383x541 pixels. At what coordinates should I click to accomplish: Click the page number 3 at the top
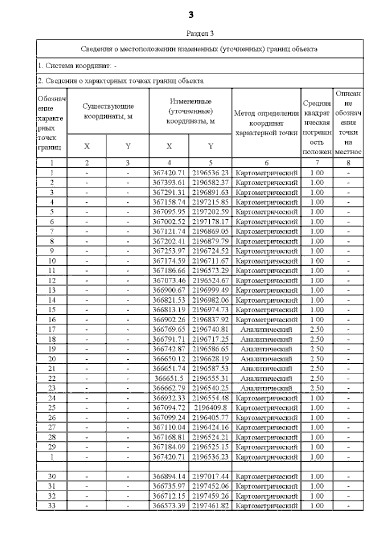tap(191, 15)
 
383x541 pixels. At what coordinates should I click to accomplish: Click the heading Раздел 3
tap(200, 33)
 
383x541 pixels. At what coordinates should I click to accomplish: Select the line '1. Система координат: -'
tap(77, 66)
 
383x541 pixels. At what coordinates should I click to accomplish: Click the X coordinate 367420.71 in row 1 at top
tap(169, 173)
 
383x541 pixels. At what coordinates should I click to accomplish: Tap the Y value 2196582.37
tap(210, 183)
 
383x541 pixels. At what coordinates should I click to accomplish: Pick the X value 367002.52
tap(169, 222)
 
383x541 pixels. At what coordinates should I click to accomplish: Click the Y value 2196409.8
tap(210, 408)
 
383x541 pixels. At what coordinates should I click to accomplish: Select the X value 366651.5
tap(169, 378)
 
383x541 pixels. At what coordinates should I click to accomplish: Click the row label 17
tap(52, 329)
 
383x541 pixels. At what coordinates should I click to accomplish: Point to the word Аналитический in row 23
tap(266, 388)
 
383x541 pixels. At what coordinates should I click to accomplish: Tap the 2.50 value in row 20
tap(317, 359)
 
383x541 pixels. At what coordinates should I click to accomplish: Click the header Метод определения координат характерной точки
tap(266, 123)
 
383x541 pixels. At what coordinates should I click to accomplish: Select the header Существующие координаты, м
tap(108, 111)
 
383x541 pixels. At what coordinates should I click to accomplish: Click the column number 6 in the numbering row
tap(266, 163)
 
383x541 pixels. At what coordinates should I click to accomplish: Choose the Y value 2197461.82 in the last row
tap(210, 506)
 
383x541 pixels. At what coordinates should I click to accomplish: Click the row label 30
tap(52, 477)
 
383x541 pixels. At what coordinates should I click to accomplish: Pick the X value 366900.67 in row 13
tap(169, 290)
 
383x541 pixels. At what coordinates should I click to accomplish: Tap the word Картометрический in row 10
tap(266, 261)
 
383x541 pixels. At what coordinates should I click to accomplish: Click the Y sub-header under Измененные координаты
tap(210, 146)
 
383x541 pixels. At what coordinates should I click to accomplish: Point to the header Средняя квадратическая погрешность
tap(317, 123)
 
